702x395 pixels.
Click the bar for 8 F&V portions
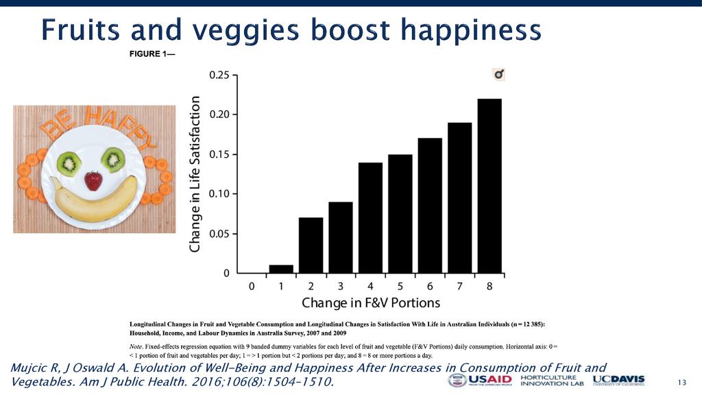489,186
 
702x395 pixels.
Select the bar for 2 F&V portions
311,245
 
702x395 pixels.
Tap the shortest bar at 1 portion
281,269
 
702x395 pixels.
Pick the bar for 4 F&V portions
370,217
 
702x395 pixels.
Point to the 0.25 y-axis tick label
219,75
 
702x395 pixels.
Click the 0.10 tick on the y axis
219,194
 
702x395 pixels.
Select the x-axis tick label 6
430,286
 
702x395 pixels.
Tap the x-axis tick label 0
252,286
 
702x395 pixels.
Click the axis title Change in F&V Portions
371,302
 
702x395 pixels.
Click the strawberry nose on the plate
93,181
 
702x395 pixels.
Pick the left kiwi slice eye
69,163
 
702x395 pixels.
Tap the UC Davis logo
618,381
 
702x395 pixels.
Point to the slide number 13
681,382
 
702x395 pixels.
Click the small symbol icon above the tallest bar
498,74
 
